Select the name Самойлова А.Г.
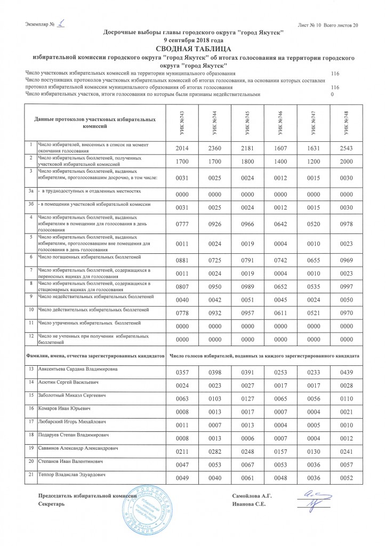253,496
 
